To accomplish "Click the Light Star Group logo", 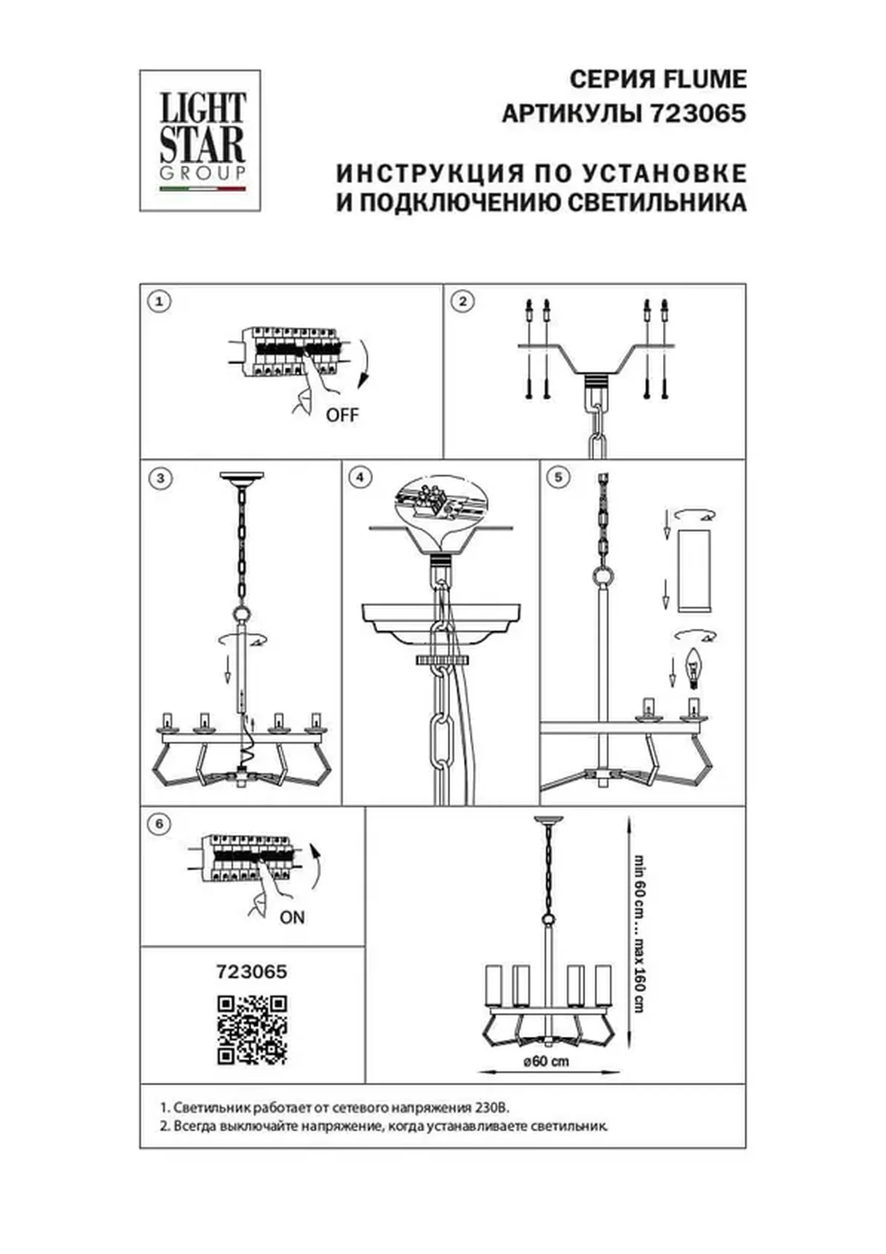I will (x=200, y=141).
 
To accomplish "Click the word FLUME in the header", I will (x=704, y=80).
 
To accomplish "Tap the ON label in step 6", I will (x=292, y=917).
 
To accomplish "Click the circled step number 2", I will (x=463, y=301).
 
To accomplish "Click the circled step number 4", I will (x=360, y=478).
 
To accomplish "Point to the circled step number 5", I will (x=558, y=477).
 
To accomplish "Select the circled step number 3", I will (x=160, y=478).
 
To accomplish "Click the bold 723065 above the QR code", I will (x=252, y=972).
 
